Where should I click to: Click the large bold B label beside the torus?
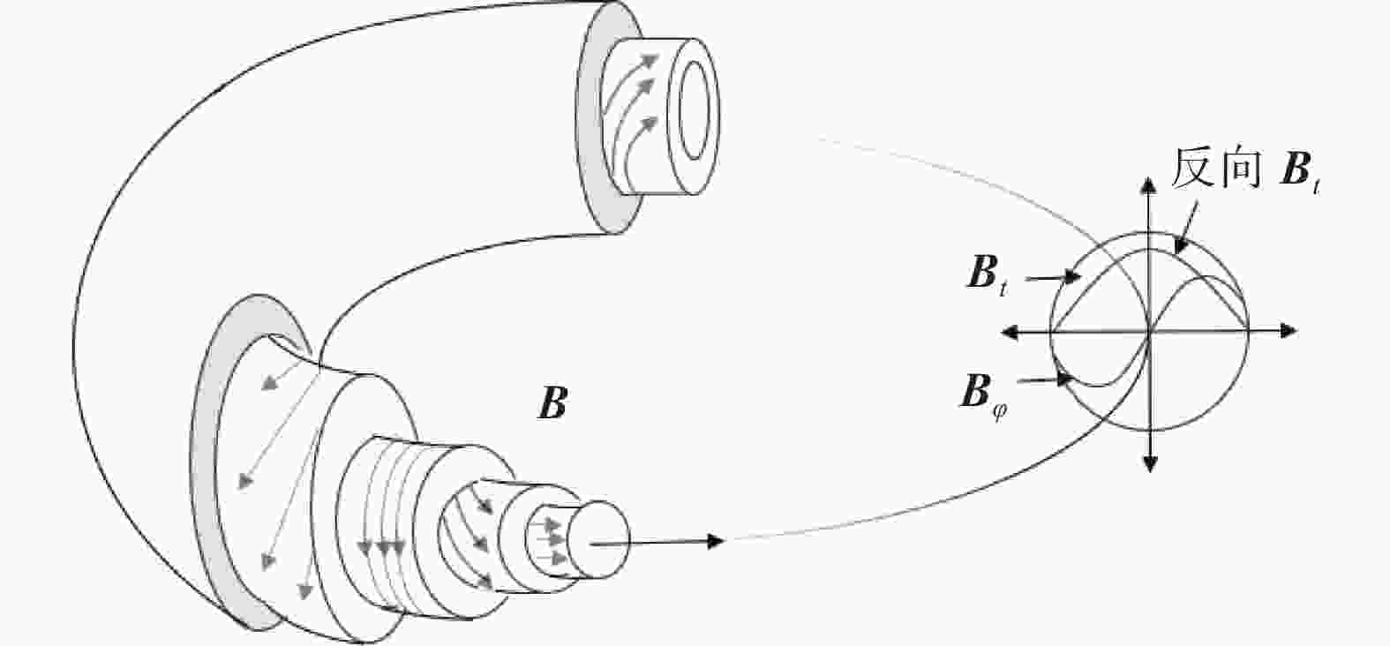[552, 404]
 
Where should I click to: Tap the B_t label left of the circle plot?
[988, 275]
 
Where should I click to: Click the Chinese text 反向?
[1215, 169]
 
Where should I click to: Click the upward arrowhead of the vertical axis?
[1149, 185]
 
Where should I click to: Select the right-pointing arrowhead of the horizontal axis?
[1289, 331]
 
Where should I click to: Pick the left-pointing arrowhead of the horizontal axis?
[1011, 333]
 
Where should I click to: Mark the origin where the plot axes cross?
[1150, 332]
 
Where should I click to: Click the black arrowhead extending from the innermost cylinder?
[716, 541]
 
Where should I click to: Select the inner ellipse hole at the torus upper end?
[694, 116]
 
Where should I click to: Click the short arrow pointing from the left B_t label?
[1052, 278]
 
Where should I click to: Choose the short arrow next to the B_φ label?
[1045, 379]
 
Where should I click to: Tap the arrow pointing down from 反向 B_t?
[1186, 229]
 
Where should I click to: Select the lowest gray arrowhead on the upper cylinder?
[649, 125]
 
